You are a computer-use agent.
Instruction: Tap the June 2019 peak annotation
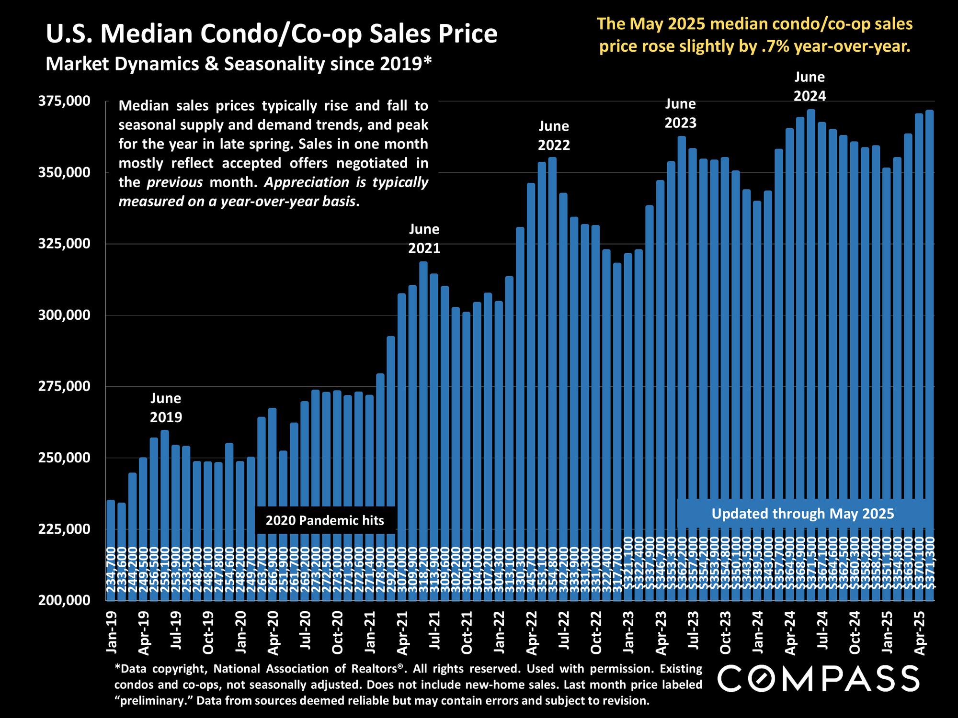[166, 408]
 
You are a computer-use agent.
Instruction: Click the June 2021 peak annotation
[424, 239]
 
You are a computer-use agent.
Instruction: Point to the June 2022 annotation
[554, 135]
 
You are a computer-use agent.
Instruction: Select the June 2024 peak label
[810, 86]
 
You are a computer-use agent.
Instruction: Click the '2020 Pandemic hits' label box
[325, 520]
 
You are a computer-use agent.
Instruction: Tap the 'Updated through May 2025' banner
[802, 514]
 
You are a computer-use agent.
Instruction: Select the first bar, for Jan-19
[111, 550]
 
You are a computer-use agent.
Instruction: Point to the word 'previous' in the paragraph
[175, 182]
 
